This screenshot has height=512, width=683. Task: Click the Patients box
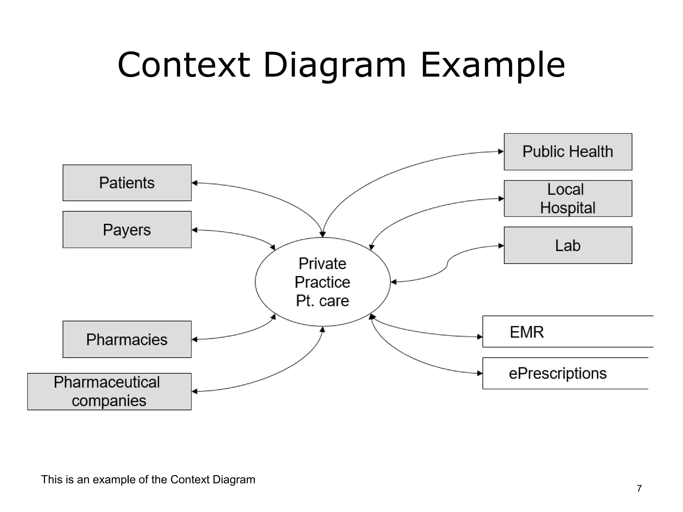click(127, 183)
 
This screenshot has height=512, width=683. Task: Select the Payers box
click(127, 230)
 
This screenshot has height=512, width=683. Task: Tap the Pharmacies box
click(127, 339)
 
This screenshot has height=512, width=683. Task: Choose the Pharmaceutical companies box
click(109, 391)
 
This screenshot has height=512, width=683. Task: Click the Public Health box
click(568, 152)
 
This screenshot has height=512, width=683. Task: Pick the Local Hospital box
click(568, 199)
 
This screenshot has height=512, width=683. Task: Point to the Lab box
click(568, 245)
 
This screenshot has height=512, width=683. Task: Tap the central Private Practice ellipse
click(322, 282)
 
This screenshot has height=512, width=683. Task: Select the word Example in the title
click(493, 65)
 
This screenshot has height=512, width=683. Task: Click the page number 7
click(639, 488)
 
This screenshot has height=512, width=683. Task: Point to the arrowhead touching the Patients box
click(195, 183)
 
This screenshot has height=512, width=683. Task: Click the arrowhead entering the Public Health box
click(501, 152)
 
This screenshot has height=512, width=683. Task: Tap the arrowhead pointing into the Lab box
click(501, 246)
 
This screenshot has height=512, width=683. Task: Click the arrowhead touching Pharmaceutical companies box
click(195, 391)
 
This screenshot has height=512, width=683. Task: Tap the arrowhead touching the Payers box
click(195, 230)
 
